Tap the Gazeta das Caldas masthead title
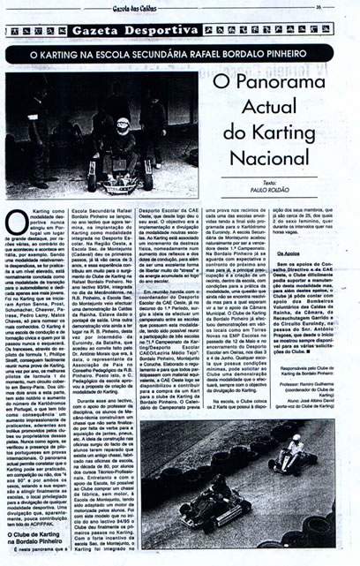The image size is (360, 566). point(180,7)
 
